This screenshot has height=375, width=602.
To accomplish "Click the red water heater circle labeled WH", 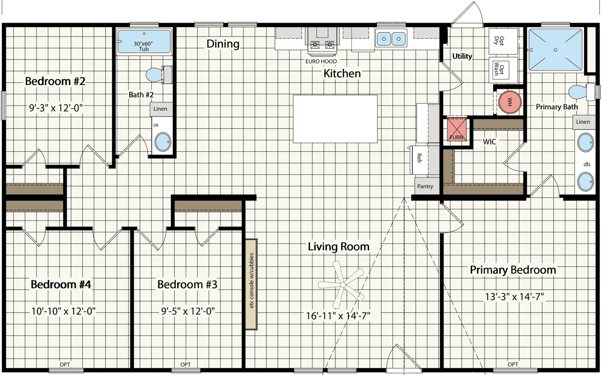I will pyautogui.click(x=510, y=102).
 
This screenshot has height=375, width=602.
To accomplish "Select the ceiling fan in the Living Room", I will pyautogui.click(x=342, y=285).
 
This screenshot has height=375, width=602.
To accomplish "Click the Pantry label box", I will pyautogui.click(x=425, y=186).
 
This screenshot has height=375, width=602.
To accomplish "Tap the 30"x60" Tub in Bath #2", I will pyautogui.click(x=144, y=42).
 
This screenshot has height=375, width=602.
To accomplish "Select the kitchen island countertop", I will pyautogui.click(x=335, y=119).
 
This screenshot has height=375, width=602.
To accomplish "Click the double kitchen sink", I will pyautogui.click(x=391, y=39).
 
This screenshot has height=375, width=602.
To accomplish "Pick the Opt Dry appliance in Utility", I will pyautogui.click(x=503, y=41).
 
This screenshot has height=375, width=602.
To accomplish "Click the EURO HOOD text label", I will pyautogui.click(x=321, y=61).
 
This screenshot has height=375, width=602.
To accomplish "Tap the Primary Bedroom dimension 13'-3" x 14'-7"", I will pyautogui.click(x=514, y=296).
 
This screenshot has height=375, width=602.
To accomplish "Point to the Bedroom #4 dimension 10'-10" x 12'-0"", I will pyautogui.click(x=63, y=311).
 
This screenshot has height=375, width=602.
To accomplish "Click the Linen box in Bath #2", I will pyautogui.click(x=160, y=109).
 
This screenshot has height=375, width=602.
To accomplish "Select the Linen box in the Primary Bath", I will pyautogui.click(x=583, y=122).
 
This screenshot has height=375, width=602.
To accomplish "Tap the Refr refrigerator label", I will pyautogui.click(x=419, y=159).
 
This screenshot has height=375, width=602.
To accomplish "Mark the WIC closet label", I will pyautogui.click(x=489, y=142).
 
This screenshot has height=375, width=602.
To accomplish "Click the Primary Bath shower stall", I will pyautogui.click(x=555, y=50).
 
